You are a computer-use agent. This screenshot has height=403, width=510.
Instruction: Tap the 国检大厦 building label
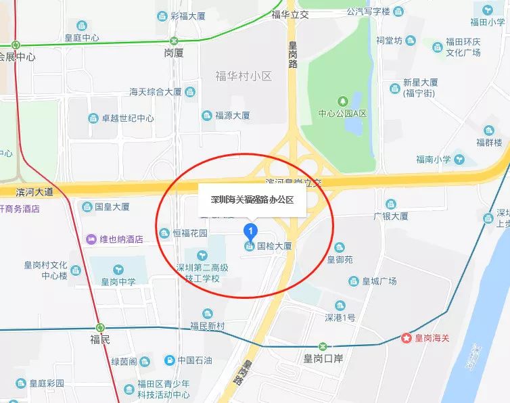point(274,246)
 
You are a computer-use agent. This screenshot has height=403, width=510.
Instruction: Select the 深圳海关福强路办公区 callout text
point(252,200)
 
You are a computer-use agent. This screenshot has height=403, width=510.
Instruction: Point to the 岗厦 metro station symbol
point(174,41)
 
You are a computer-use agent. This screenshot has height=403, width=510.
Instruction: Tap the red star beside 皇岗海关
point(406,337)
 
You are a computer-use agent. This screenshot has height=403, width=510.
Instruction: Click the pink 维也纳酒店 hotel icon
point(91,239)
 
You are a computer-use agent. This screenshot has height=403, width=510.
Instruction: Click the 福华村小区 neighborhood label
point(244,76)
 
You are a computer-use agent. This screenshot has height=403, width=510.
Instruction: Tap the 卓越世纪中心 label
point(127,118)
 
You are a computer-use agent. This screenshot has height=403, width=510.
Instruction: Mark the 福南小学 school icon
point(460,160)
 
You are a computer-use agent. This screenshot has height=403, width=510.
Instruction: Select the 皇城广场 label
point(379,281)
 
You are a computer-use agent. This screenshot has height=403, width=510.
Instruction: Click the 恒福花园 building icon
point(164,233)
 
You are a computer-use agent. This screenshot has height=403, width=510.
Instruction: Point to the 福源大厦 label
point(233,116)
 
